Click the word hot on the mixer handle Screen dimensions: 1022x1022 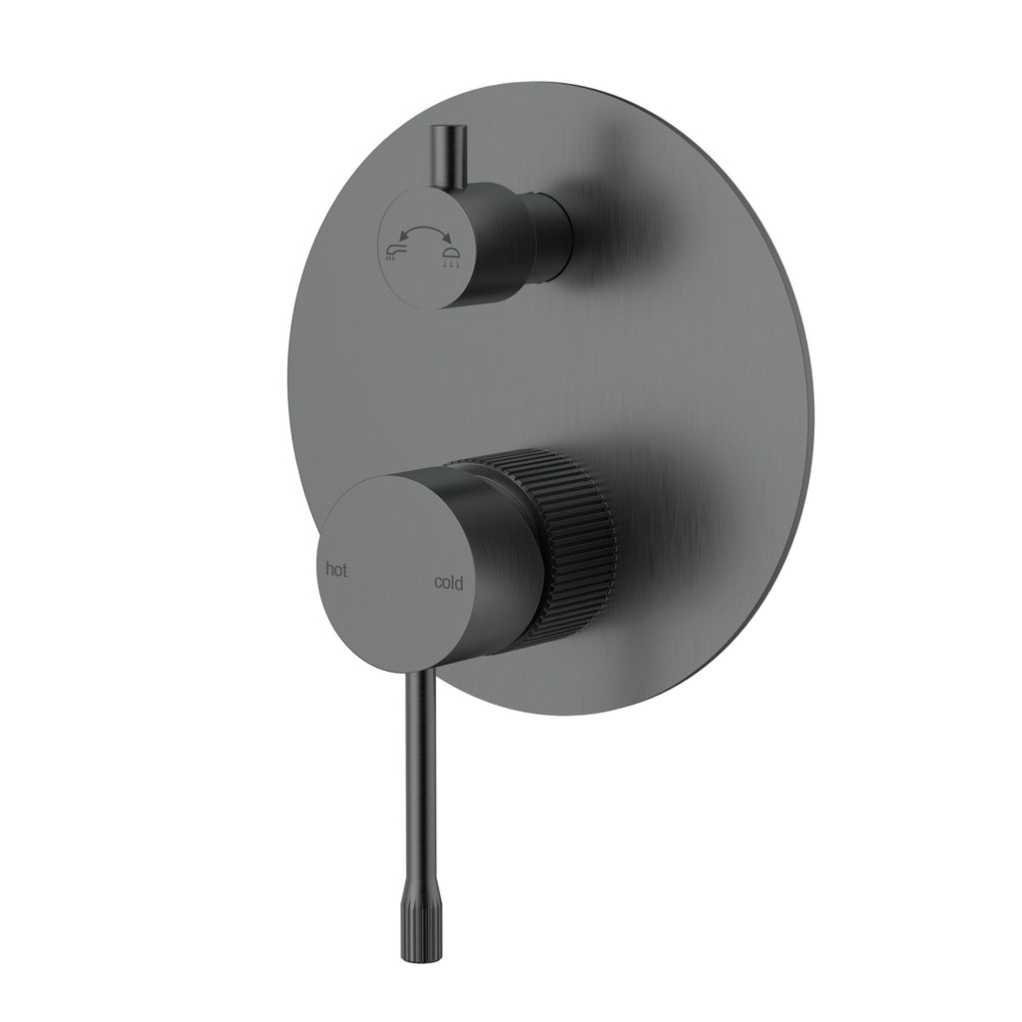pos(337,570)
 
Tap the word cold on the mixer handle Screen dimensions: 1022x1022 pos(448,583)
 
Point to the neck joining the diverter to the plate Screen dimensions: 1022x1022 pos(553,237)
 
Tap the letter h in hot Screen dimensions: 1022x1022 pos(329,570)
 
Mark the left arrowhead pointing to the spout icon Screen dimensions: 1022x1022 pos(398,234)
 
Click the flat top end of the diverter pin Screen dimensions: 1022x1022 pos(440,130)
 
